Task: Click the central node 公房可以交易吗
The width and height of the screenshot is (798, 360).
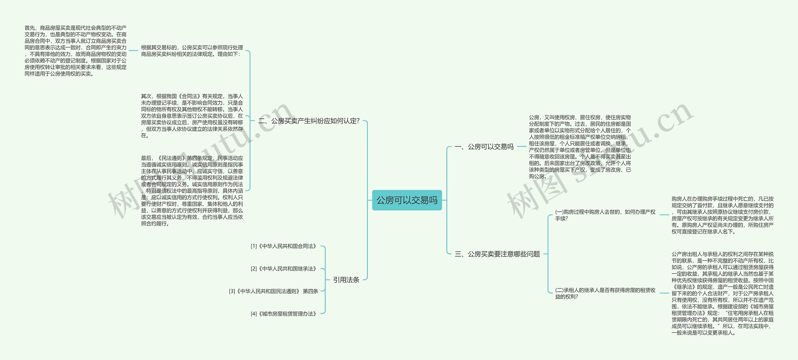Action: pos(407,200)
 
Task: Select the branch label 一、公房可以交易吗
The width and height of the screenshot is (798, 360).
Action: pos(484,146)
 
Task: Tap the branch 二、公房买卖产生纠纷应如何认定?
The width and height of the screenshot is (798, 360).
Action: pos(309,121)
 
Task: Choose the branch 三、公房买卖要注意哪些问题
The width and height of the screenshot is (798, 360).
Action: pos(497,254)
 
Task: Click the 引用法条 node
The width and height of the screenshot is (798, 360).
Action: pos(346,280)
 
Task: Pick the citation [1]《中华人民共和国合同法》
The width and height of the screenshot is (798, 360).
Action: pos(284,246)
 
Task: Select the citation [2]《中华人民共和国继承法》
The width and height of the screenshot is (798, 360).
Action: pos(284,269)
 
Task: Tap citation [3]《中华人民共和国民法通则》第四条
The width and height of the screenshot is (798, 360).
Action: pos(273,291)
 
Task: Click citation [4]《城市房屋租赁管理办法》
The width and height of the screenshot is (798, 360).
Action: pos(284,314)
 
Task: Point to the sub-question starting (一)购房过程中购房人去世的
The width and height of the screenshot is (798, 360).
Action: pos(605,215)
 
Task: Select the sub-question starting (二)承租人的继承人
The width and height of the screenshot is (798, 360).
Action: pos(605,293)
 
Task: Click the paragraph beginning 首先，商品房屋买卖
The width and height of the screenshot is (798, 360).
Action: pos(75,51)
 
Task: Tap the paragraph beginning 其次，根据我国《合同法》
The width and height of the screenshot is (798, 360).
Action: pos(192,116)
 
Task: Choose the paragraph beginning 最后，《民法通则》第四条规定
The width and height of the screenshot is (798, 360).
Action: pos(192,191)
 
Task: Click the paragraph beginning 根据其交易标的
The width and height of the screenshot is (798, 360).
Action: pos(192,51)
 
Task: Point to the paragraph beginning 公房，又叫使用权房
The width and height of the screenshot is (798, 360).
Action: pos(580,146)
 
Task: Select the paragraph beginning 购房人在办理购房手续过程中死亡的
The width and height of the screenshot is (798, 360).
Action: pos(722,215)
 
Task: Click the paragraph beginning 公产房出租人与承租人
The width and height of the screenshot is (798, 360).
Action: pos(722,293)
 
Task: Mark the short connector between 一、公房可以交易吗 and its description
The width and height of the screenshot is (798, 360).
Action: pos(522,146)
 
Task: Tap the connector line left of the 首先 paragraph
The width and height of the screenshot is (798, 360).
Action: pos(133,50)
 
